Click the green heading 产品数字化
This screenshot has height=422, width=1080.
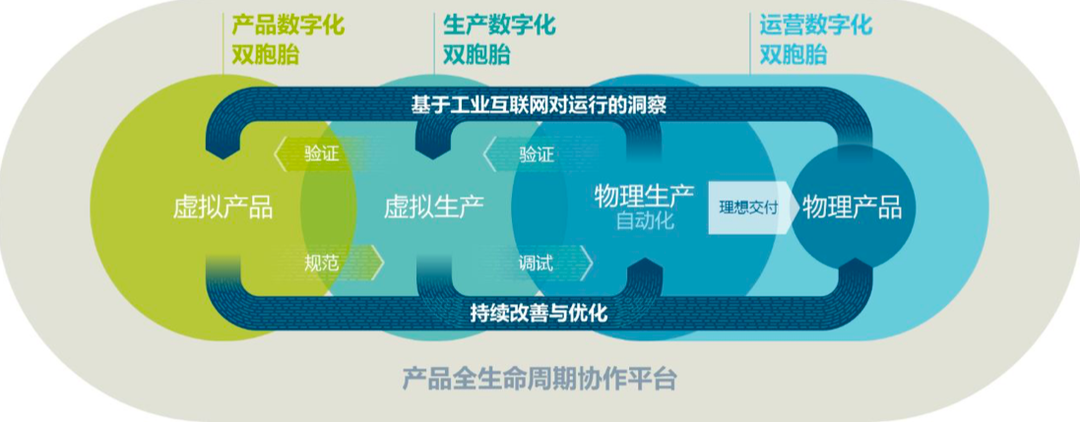click(x=287, y=26)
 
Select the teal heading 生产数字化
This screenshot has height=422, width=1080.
click(x=499, y=26)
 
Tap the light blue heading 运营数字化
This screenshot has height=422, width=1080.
click(x=815, y=26)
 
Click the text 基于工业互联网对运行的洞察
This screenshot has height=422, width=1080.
click(x=539, y=105)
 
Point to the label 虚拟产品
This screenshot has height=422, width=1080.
click(x=222, y=207)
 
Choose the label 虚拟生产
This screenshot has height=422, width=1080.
click(x=434, y=207)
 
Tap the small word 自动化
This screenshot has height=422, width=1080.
click(x=645, y=222)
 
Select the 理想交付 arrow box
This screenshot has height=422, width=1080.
click(x=754, y=208)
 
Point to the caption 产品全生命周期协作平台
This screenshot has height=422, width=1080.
click(x=539, y=380)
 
